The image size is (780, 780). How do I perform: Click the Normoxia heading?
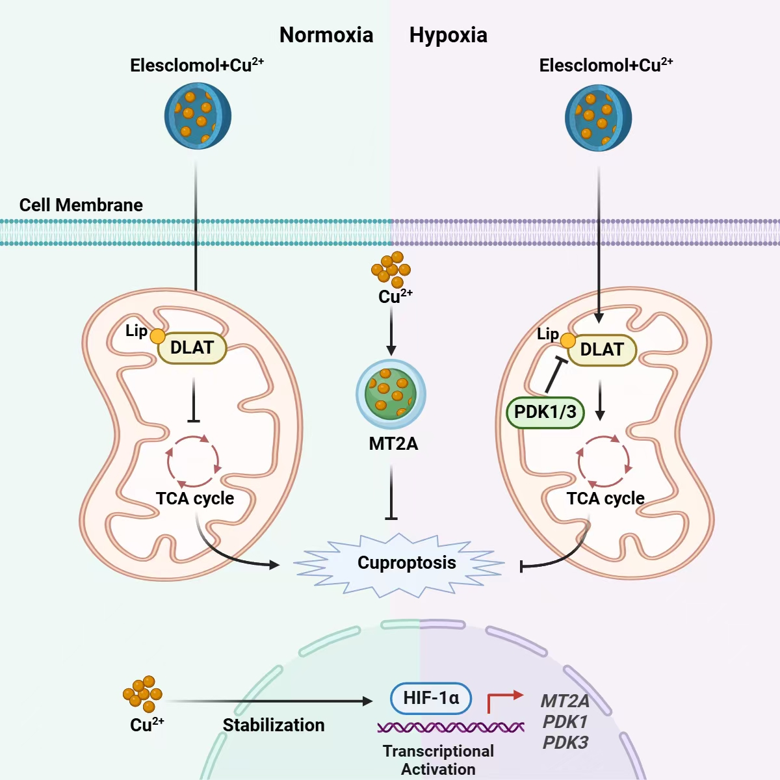(326, 35)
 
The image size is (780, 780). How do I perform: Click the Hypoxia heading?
(448, 35)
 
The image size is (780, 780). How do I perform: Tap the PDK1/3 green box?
(545, 412)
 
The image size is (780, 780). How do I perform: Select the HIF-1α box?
(431, 699)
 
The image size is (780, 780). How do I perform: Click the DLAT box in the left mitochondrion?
(192, 348)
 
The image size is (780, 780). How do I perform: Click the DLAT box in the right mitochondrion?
(602, 350)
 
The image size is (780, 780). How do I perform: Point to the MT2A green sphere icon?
(391, 394)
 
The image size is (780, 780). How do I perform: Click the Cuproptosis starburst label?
(406, 563)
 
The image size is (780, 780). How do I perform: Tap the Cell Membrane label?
(81, 205)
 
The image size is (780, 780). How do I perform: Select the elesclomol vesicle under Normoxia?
(198, 116)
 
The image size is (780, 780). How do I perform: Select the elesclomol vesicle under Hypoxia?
(598, 118)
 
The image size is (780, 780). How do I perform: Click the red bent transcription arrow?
(504, 701)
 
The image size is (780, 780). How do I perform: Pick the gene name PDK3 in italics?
(565, 742)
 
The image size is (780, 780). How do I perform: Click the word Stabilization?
(274, 725)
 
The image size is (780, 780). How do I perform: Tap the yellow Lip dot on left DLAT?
(157, 335)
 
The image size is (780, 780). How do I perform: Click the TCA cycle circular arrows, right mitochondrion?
(604, 461)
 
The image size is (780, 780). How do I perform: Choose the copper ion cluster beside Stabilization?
(143, 694)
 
